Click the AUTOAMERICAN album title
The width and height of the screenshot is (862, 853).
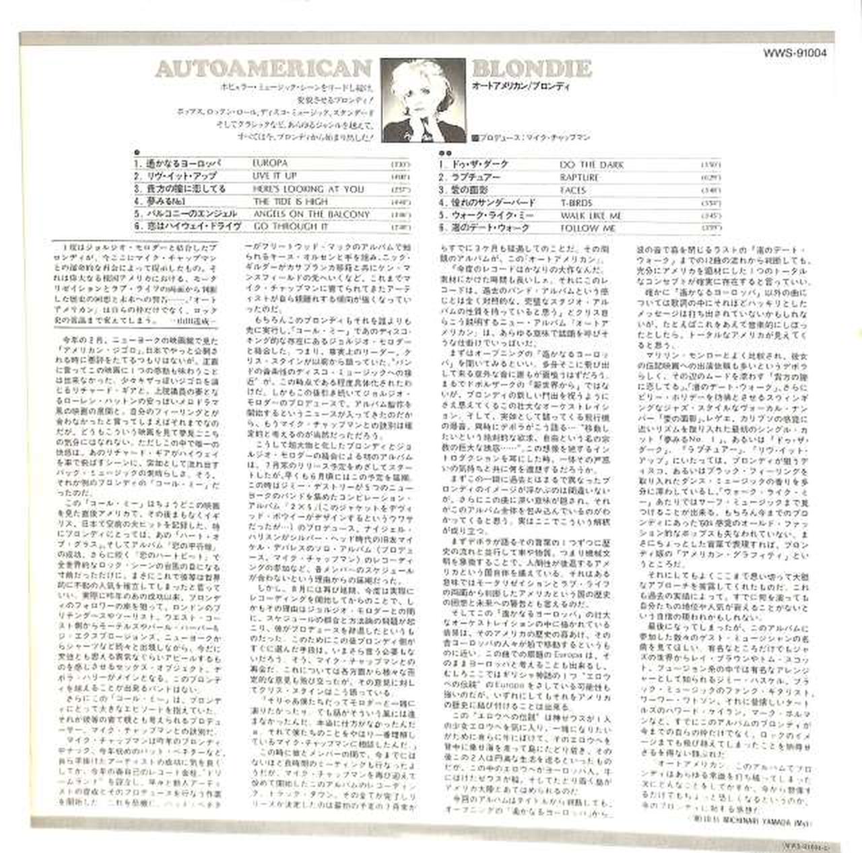(x=263, y=69)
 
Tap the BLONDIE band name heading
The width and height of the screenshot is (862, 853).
(x=531, y=68)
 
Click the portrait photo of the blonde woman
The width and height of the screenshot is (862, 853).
(x=423, y=100)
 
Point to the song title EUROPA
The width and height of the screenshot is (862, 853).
(x=270, y=163)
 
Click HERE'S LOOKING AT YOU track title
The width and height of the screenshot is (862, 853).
(x=308, y=189)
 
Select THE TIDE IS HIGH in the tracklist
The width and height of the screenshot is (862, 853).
(x=290, y=201)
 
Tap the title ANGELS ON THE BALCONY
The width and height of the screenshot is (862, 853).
(x=311, y=214)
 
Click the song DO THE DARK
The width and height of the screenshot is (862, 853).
(x=592, y=165)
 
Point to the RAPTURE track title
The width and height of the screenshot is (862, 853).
(x=579, y=178)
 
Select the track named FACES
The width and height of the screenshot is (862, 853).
(x=573, y=191)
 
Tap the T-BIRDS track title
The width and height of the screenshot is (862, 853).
(x=576, y=203)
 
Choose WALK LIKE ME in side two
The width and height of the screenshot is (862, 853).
(x=591, y=216)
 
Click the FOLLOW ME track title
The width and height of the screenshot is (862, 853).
(x=588, y=229)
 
